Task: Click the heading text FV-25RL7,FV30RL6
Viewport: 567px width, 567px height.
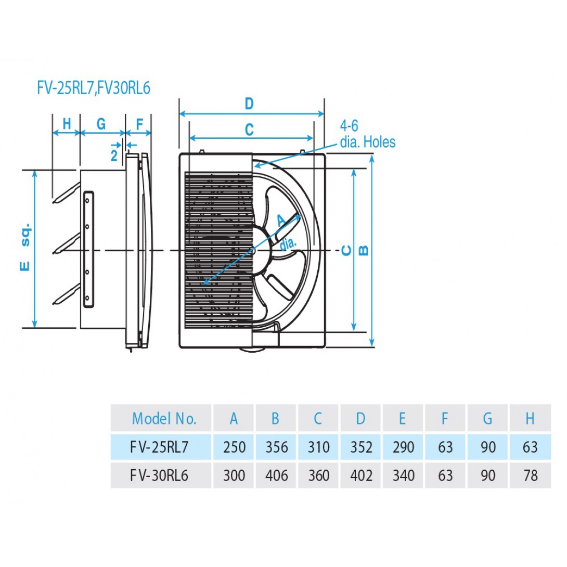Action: click(x=94, y=88)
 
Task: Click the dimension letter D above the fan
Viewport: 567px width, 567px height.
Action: click(x=249, y=105)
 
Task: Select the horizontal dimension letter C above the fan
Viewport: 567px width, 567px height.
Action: click(x=249, y=129)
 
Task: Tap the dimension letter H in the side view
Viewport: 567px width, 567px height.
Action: click(x=67, y=124)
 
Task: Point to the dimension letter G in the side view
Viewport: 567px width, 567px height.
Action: click(x=101, y=124)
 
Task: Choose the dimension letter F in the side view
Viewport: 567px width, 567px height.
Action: click(x=139, y=124)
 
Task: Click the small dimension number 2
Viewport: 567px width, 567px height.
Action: click(x=114, y=154)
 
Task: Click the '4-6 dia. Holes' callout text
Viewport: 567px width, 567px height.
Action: click(x=367, y=134)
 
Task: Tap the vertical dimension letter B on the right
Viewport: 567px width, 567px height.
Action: click(x=364, y=250)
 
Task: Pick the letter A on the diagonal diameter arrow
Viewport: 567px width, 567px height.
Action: click(x=281, y=220)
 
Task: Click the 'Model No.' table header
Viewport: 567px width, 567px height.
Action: click(x=164, y=418)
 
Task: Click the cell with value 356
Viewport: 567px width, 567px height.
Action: click(x=276, y=447)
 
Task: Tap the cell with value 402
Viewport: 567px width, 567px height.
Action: click(x=360, y=475)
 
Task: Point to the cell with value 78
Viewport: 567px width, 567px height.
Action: click(x=530, y=475)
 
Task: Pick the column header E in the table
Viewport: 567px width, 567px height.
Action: click(x=403, y=418)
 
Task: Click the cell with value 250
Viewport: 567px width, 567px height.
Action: click(x=234, y=447)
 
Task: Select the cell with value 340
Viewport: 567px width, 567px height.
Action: click(x=403, y=475)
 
